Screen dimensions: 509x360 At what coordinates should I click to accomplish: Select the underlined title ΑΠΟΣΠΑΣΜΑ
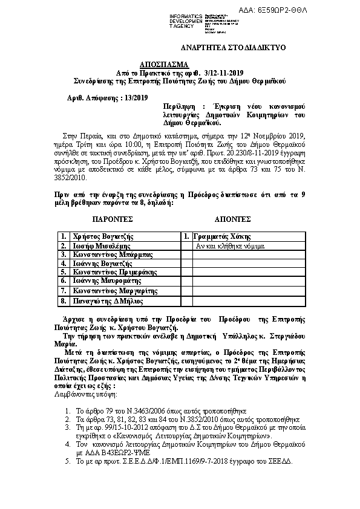click(x=165, y=63)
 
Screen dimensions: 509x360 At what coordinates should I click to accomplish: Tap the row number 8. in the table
click(x=63, y=300)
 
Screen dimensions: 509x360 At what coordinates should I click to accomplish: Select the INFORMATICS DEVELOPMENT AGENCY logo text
click(x=185, y=21)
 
